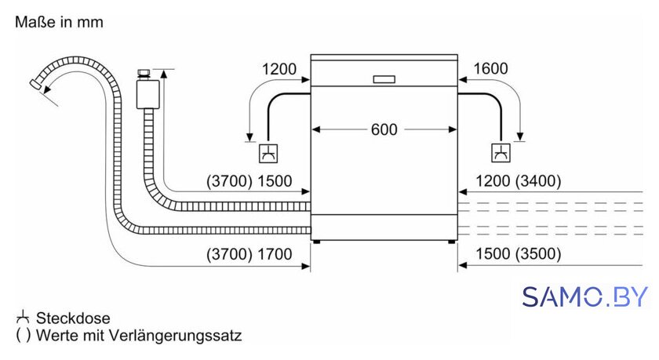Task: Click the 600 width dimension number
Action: (384, 129)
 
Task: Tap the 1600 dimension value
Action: (490, 68)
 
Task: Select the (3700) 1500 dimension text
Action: (249, 181)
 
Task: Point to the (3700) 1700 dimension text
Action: (249, 254)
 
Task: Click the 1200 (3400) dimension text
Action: (518, 181)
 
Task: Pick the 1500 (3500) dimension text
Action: (518, 253)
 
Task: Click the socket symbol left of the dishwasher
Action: (268, 153)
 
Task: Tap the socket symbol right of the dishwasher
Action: (501, 153)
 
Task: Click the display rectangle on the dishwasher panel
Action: (384, 79)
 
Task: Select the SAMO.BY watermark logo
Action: (584, 297)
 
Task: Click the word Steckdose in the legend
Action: (73, 318)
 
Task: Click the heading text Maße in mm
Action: (59, 22)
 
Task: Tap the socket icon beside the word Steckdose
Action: (22, 318)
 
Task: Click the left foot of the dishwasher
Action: (317, 242)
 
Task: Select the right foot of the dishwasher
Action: (451, 242)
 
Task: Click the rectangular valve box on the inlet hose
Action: (148, 95)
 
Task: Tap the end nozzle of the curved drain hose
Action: (35, 83)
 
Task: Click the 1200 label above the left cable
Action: (279, 69)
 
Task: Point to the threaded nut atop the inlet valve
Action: (144, 75)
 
